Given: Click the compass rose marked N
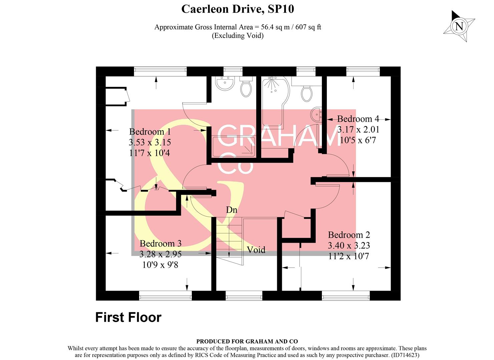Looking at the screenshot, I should coord(459,26).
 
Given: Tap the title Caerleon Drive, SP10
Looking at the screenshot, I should coord(237,9).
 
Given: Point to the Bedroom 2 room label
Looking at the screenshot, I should coord(349,235).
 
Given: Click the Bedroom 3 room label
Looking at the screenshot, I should coord(160,244).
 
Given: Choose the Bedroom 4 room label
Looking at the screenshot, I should coord(358,119).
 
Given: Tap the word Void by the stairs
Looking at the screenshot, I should coord(256,250).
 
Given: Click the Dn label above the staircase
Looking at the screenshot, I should coord(231,210).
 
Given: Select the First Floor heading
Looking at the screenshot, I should coord(128,317).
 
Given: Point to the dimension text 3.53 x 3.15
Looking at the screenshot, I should coord(150,142).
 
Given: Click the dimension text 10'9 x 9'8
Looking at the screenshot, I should coord(160,265).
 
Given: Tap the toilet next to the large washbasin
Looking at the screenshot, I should coord(246,88).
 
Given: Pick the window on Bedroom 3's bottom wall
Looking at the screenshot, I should coord(165,295).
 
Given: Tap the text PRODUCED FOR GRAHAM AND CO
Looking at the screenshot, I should coord(247,341).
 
